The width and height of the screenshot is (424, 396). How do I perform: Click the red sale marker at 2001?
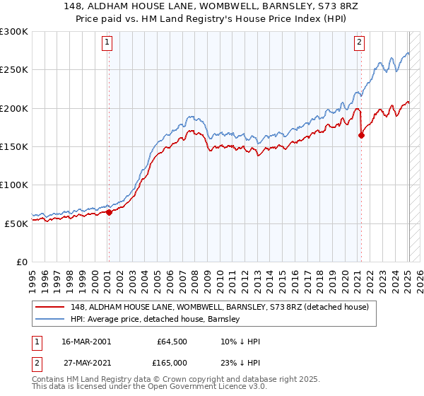pos(109,212)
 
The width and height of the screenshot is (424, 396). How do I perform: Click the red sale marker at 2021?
pos(361,136)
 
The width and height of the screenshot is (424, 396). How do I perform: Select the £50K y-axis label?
pos(16,223)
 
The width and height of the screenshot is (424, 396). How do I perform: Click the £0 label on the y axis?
pos(21,262)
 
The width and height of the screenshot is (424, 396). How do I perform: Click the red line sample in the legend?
pos(50,307)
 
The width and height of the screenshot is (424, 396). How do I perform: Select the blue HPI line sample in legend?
pos(50,319)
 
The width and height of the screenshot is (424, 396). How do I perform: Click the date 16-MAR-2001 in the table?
pos(86,342)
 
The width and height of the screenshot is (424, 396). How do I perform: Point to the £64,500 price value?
pos(172,342)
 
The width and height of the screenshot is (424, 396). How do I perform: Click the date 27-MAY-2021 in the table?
pos(86,363)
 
